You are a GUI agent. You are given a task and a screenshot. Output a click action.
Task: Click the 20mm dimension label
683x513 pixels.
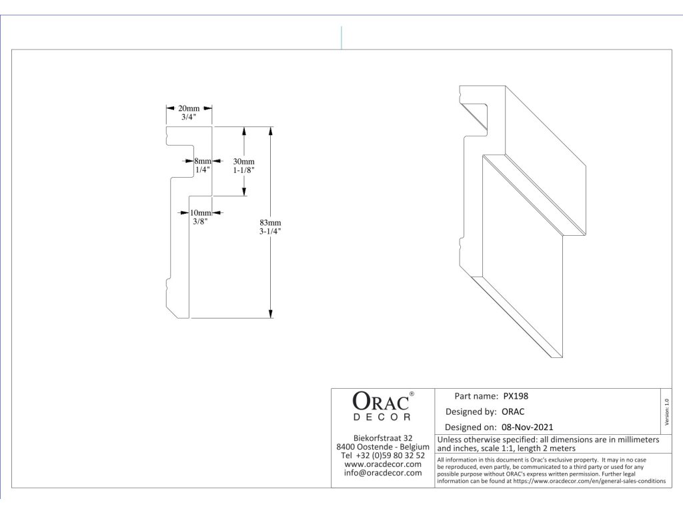[189, 108]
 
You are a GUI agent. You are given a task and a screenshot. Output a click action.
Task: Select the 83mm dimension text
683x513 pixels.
[270, 222]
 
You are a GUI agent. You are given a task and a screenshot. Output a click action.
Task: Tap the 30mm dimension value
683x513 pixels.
[243, 162]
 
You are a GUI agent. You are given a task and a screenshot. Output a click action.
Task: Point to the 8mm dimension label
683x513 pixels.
[203, 161]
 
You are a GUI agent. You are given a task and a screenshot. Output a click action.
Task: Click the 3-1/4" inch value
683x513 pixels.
[270, 231]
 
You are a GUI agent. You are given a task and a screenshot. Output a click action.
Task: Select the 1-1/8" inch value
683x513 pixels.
[243, 170]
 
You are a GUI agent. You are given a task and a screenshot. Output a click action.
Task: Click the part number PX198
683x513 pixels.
[516, 396]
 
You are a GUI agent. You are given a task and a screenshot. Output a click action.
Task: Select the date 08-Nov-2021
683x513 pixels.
[527, 427]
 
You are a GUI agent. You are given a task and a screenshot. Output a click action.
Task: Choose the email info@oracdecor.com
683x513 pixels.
[383, 473]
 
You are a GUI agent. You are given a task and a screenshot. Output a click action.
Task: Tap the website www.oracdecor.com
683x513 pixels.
[383, 464]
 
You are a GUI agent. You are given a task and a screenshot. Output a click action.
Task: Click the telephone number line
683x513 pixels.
[383, 455]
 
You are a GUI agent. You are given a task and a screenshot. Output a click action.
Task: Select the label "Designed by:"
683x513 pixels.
[471, 411]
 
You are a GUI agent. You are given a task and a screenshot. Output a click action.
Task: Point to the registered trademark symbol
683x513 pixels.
[412, 394]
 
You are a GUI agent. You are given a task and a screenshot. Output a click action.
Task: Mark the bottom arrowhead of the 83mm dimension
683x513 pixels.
[270, 313]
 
